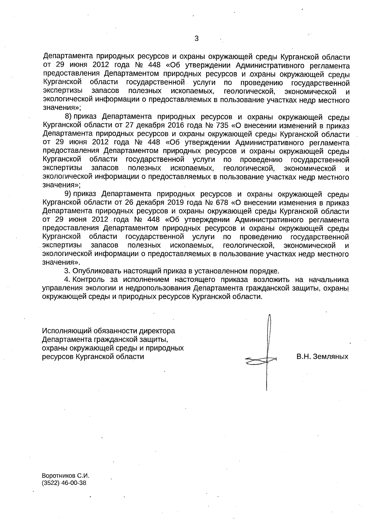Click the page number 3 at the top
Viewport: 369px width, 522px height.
[x=196, y=39]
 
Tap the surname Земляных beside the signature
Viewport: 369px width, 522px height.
[x=331, y=357]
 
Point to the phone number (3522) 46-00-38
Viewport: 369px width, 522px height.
[x=64, y=483]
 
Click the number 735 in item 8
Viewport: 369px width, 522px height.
[x=221, y=126]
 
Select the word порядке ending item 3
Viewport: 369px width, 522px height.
[x=265, y=271]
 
